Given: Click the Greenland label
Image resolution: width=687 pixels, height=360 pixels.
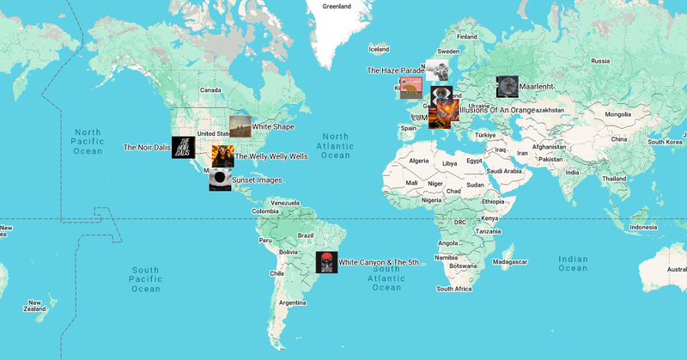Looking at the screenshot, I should [337, 6].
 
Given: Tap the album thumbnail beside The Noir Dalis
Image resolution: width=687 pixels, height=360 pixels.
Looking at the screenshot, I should [183, 147].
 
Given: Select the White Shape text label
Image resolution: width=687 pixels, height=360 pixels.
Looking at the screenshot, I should [273, 126].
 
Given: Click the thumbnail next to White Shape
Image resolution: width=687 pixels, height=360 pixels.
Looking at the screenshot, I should [240, 126].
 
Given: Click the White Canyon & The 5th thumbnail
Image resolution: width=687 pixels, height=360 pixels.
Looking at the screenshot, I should [326, 262].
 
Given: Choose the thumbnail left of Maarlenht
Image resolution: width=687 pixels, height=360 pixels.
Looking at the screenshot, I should [508, 86].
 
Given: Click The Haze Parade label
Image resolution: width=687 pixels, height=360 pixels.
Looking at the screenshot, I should [395, 70].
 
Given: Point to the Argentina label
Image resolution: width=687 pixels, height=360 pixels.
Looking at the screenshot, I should [293, 302].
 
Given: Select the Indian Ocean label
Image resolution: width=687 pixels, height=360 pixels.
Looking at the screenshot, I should [573, 264].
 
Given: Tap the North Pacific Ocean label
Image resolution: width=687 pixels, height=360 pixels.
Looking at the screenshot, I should [87, 141].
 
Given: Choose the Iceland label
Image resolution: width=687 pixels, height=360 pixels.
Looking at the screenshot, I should [379, 50].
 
